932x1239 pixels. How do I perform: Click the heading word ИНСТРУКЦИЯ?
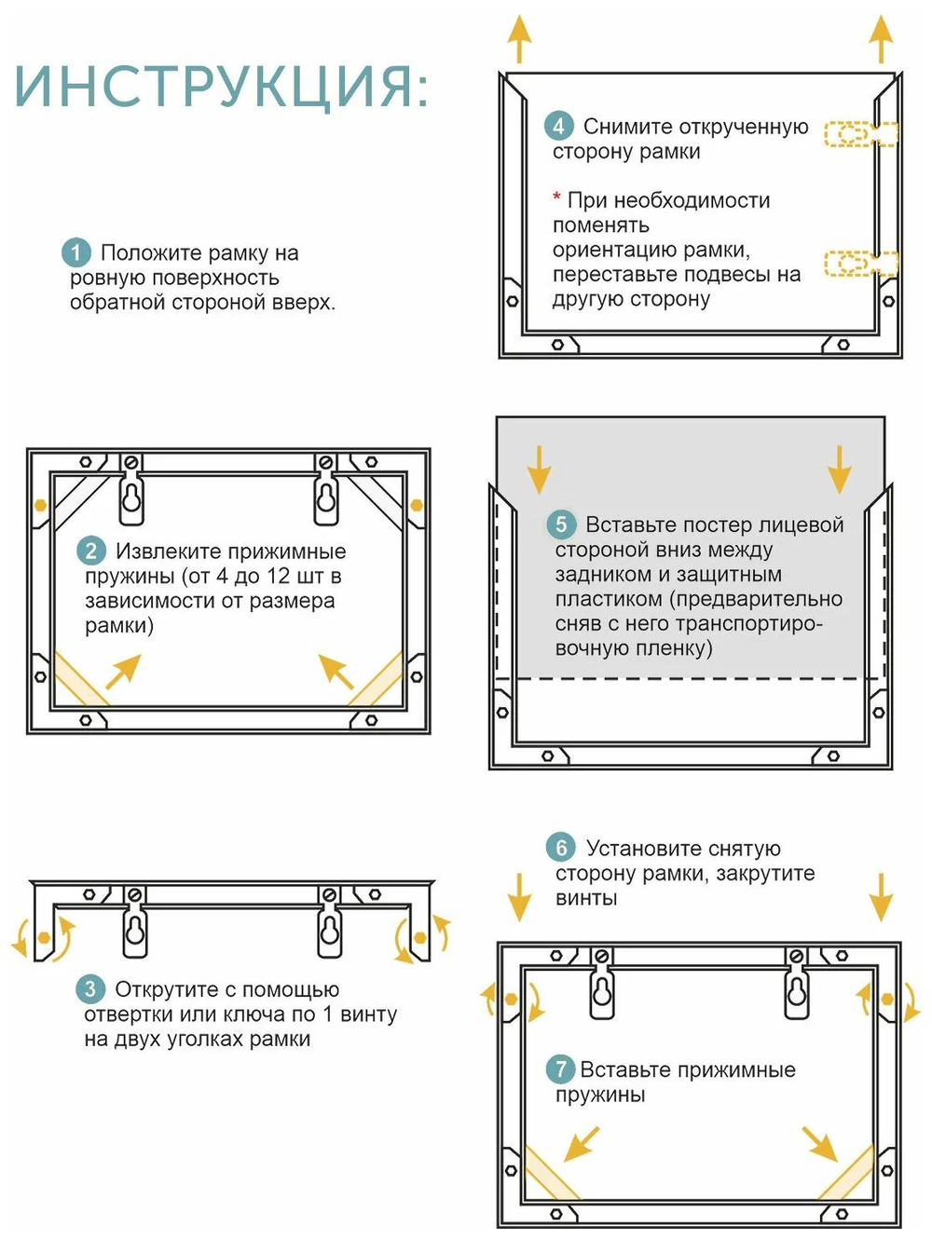(221, 87)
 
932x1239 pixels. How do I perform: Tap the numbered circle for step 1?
(76, 252)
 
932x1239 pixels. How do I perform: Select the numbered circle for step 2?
(90, 551)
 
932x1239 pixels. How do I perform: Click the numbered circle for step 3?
(90, 989)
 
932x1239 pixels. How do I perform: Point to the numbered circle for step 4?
(559, 127)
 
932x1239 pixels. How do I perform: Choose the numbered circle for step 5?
(561, 524)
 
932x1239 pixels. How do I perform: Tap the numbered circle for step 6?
(561, 848)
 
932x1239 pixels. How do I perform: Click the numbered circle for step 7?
(560, 1069)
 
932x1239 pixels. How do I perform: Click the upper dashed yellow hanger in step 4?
(859, 134)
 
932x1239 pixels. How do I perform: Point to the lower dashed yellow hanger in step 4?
(859, 264)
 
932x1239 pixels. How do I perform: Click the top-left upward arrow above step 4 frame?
(519, 39)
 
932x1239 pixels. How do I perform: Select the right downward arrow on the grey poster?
(839, 469)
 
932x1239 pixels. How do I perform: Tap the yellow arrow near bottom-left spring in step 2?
(123, 672)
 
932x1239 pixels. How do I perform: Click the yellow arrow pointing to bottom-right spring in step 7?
(821, 1144)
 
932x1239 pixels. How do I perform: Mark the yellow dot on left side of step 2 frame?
(40, 505)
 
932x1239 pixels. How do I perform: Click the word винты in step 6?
(586, 898)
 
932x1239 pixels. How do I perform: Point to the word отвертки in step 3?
(122, 1014)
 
